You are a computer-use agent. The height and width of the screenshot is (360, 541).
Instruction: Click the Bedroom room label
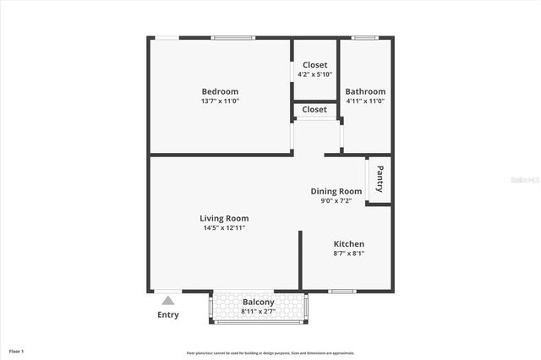tap(220, 91)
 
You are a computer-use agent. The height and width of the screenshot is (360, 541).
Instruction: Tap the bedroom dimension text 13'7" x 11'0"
tap(220, 101)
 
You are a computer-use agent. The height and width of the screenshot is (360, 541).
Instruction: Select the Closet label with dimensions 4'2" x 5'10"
tap(314, 64)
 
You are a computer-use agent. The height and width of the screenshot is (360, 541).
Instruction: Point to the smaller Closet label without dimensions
tap(314, 110)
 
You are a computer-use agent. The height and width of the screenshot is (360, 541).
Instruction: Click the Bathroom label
tap(365, 91)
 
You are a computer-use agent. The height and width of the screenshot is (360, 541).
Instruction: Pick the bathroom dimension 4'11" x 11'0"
tap(365, 101)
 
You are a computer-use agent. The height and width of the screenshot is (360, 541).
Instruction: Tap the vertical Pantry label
tap(380, 179)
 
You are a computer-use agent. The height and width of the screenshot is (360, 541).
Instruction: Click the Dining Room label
tap(336, 191)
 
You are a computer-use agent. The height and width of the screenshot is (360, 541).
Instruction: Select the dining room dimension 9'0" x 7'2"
tap(336, 201)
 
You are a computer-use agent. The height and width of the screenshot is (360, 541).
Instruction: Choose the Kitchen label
tap(348, 243)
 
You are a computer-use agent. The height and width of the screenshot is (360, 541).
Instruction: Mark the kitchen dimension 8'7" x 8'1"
tap(348, 254)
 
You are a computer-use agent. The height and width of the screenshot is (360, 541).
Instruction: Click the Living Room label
tap(224, 218)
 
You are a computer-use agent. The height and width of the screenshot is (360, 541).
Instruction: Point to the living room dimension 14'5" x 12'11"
tap(224, 228)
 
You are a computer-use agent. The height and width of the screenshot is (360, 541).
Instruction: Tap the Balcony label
tap(258, 302)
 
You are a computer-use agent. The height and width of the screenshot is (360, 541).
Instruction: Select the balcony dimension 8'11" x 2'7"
tap(258, 311)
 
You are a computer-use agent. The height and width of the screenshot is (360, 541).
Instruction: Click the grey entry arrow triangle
tap(168, 300)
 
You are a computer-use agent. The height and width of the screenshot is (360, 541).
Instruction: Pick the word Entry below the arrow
tap(168, 315)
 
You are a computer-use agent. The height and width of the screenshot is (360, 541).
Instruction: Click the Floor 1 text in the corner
tap(17, 351)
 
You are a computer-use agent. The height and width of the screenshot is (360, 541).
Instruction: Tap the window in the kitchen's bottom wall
tap(342, 292)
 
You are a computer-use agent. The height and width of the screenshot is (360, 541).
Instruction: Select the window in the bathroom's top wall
tap(364, 37)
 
